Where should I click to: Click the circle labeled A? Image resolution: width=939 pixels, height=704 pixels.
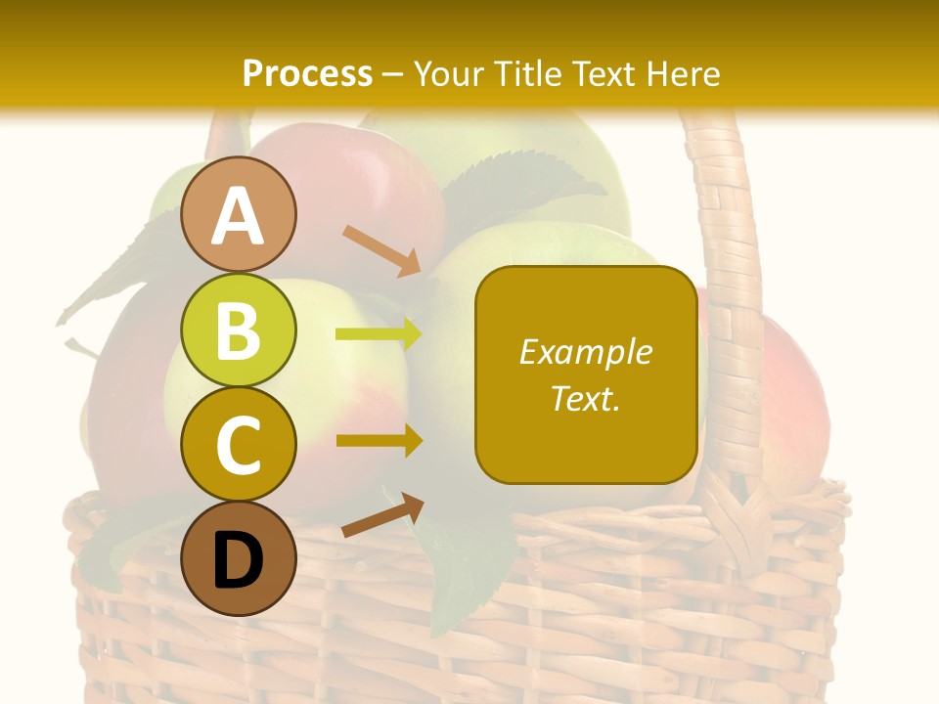(238, 214)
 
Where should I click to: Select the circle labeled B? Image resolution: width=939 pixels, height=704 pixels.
(238, 331)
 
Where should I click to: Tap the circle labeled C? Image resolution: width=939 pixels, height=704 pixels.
(238, 445)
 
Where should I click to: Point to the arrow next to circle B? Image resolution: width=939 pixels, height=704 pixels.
(379, 334)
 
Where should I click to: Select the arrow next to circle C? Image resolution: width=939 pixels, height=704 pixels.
(379, 440)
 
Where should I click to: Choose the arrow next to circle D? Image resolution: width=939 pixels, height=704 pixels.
(382, 516)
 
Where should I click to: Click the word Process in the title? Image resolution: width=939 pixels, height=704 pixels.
(307, 73)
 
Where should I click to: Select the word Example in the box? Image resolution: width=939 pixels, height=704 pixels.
(585, 352)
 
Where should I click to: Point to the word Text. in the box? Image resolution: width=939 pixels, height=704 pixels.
(585, 399)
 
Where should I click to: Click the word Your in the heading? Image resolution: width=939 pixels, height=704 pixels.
(449, 73)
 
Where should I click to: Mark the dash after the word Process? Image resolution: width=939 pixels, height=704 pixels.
(393, 74)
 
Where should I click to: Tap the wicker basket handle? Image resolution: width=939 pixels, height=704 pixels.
(732, 293)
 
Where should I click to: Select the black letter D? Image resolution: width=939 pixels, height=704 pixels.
(238, 561)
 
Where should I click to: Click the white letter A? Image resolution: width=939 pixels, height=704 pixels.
(238, 216)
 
